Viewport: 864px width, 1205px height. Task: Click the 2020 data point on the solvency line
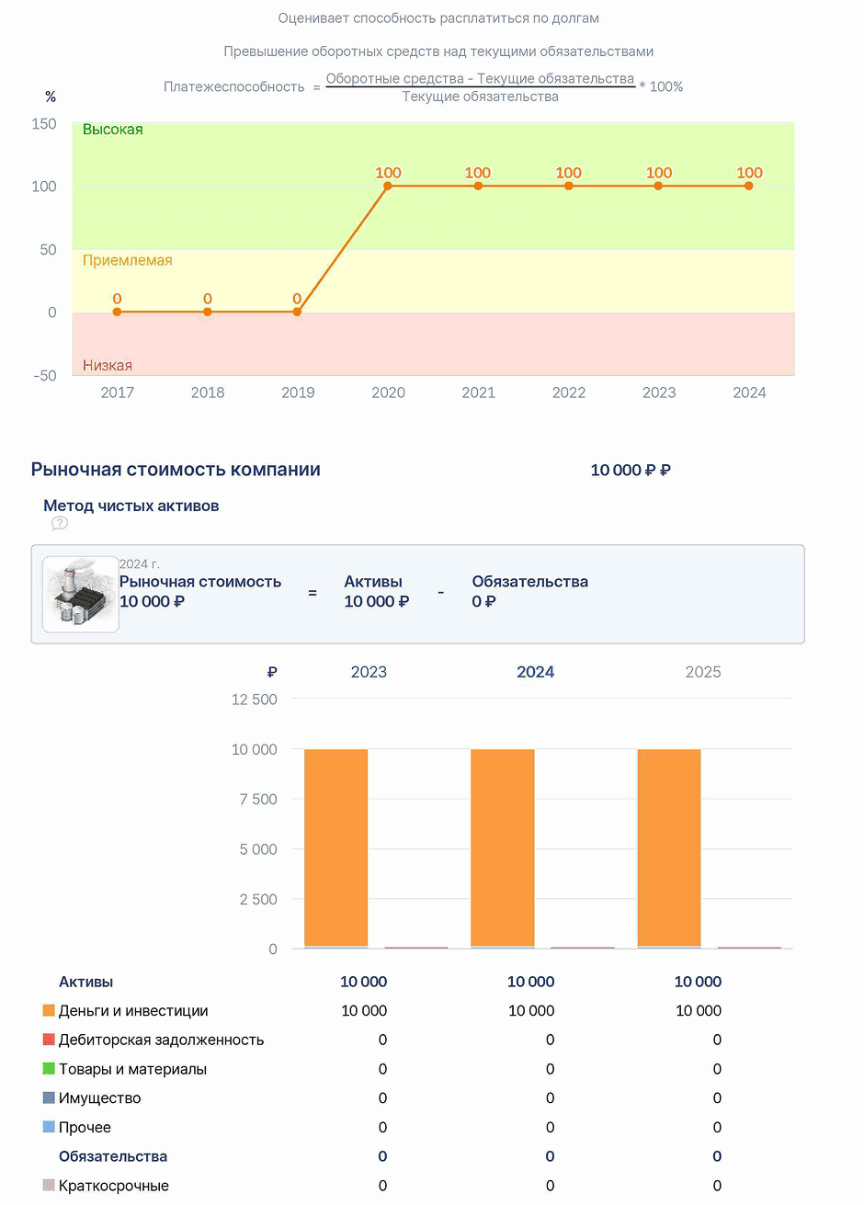tap(388, 187)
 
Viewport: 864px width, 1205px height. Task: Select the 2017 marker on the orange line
tap(118, 312)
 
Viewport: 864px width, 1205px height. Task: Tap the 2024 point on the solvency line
tap(749, 187)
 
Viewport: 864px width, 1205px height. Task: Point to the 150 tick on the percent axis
tap(44, 124)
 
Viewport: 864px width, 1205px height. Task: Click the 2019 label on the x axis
tap(298, 392)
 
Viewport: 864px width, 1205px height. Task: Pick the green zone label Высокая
tap(113, 130)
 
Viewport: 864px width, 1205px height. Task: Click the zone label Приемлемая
tap(128, 260)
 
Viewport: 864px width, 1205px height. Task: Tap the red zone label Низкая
tap(108, 365)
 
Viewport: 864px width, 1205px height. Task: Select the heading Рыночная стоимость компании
tap(176, 470)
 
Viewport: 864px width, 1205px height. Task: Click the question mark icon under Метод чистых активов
tap(60, 523)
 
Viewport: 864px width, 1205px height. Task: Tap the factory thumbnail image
tap(81, 595)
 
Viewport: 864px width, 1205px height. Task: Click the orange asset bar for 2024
tap(503, 847)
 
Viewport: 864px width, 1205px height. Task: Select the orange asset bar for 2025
tap(669, 847)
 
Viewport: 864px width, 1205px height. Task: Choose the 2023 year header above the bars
tap(369, 672)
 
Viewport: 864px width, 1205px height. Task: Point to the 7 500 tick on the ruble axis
tap(258, 800)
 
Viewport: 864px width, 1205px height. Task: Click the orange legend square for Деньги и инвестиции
tap(49, 1010)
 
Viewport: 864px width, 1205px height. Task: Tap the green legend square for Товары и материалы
tap(49, 1068)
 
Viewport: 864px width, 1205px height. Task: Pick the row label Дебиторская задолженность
tap(162, 1040)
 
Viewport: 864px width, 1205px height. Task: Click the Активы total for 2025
tap(698, 982)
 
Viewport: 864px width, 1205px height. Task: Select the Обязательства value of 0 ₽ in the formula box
tap(483, 601)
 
